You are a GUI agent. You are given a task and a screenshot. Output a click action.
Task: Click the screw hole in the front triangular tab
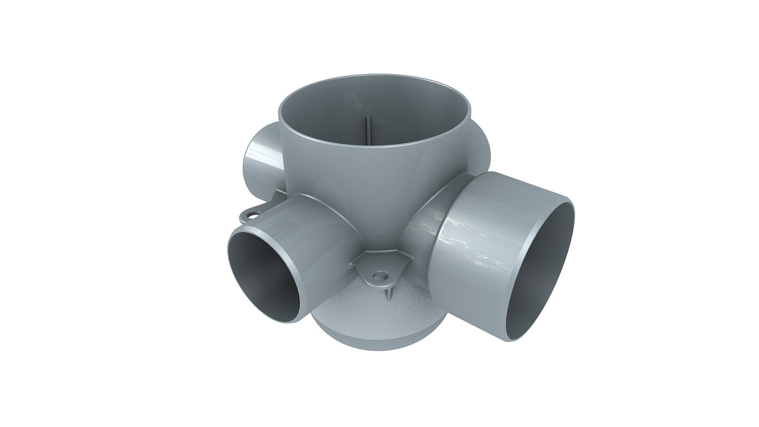(x=380, y=275)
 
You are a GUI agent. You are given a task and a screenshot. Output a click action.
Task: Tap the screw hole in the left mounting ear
(x=251, y=216)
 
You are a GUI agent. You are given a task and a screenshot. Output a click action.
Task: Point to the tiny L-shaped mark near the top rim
(x=472, y=136)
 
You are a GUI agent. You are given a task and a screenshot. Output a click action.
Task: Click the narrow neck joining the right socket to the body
(x=423, y=224)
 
